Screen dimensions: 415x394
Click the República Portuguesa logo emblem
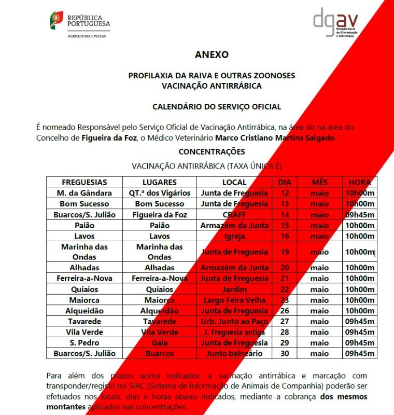pos(57,20)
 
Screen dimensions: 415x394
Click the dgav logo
pos(335,22)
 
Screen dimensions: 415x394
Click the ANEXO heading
pos(212,54)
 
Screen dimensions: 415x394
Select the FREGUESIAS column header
pos(85,182)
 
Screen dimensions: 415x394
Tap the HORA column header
pos(359,182)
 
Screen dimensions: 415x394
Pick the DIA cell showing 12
pos(285,193)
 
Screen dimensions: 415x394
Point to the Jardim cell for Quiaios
pos(234,289)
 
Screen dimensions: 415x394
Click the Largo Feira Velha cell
pos(234,300)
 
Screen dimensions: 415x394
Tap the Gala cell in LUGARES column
pos(160,343)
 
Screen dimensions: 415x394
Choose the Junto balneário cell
pos(234,354)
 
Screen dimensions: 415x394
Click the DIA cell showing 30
pos(285,354)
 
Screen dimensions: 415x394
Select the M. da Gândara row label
pos(85,193)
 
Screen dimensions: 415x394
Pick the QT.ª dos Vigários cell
pos(160,193)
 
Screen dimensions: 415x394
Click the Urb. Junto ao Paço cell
pos(234,322)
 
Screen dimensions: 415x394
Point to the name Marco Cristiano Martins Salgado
pos(275,138)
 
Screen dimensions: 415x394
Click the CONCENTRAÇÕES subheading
pos(212,152)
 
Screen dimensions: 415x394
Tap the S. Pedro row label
pos(85,343)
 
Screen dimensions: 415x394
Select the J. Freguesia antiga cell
pos(234,332)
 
